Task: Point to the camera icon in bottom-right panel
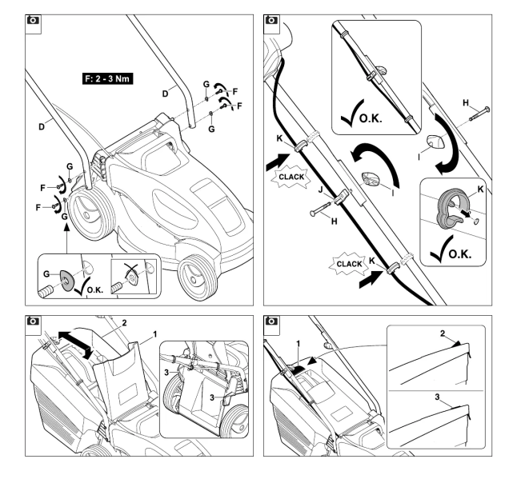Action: tap(272, 322)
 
